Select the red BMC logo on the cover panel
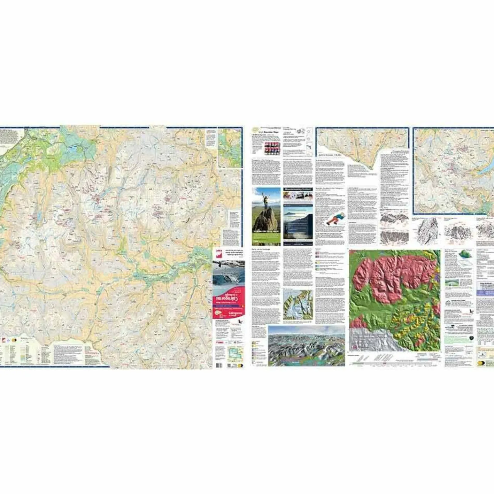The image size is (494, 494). tap(218, 254)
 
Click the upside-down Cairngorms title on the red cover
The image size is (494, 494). tap(227, 299)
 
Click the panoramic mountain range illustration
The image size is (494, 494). tap(306, 346)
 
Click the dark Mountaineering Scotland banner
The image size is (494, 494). tap(298, 189)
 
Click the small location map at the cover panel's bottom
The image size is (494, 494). tap(234, 353)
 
